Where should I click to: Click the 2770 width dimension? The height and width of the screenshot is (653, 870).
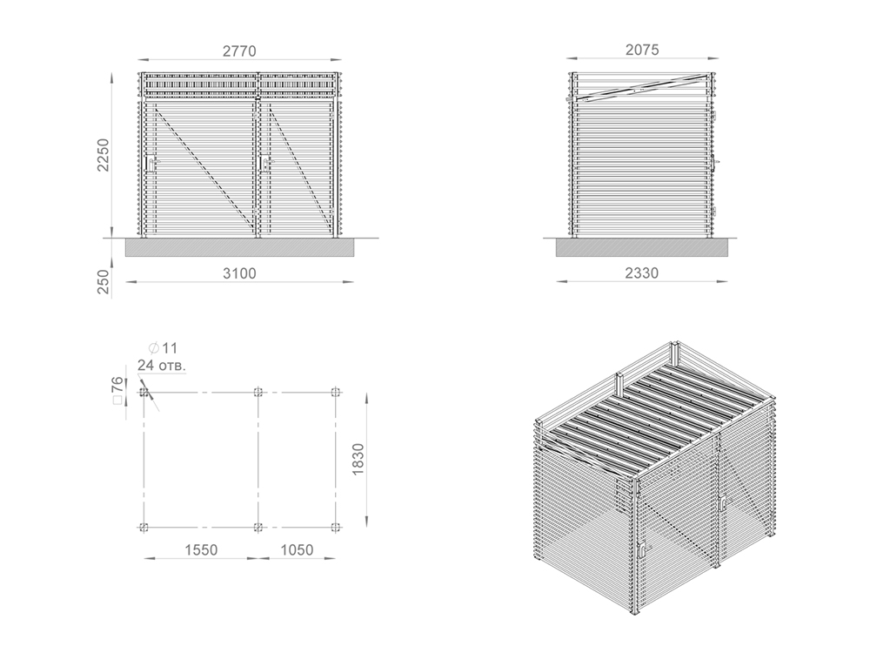point(240,51)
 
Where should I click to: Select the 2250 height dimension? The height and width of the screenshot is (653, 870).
point(104,155)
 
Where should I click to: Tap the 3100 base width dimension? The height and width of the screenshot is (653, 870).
point(240,273)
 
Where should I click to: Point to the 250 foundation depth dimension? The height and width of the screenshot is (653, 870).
point(104,281)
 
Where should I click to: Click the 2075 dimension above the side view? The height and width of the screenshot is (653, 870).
point(643,50)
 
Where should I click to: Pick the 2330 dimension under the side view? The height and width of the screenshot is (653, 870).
point(642,273)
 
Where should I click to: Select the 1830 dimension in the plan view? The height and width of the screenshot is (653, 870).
point(358,459)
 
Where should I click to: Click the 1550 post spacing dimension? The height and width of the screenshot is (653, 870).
point(202,549)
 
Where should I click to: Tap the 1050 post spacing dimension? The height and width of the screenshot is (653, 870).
point(297,549)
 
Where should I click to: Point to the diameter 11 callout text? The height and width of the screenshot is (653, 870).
point(164,348)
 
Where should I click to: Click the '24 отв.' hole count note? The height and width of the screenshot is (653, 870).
point(162,366)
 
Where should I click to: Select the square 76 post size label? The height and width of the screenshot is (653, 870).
point(117,390)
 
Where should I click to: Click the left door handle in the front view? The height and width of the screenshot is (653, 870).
point(151,164)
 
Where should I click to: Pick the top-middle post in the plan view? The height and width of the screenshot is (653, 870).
point(258,392)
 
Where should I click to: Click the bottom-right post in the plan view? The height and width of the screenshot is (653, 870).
point(335,527)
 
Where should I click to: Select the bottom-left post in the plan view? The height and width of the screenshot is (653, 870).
point(144,527)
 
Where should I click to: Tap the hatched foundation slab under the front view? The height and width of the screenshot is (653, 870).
point(239,247)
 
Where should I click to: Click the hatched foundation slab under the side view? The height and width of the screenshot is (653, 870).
point(642,247)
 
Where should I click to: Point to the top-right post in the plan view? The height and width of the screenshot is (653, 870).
point(335,392)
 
